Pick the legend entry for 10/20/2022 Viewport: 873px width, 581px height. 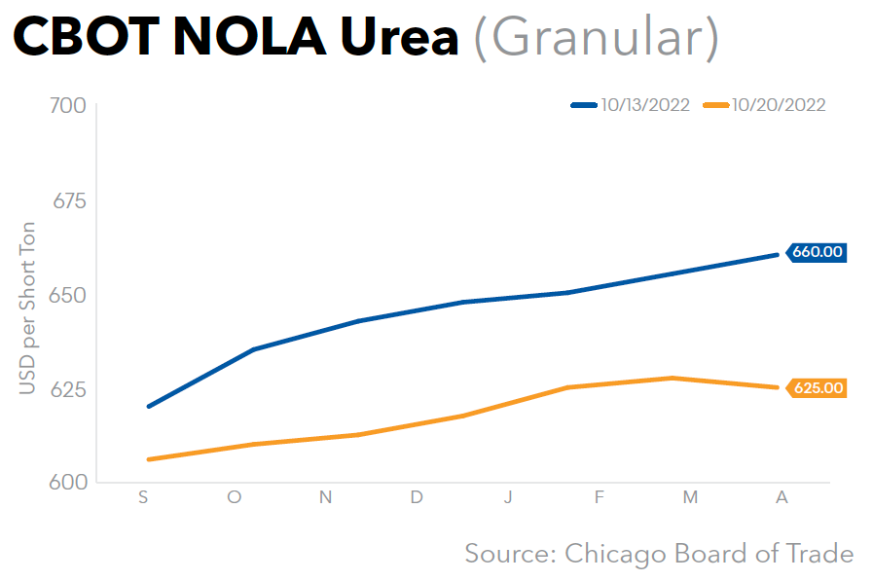(x=766, y=105)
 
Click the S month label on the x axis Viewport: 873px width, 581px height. (x=144, y=497)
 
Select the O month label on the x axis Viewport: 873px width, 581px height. (x=235, y=497)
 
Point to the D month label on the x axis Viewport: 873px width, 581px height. (x=417, y=497)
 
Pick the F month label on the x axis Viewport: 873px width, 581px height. (x=599, y=497)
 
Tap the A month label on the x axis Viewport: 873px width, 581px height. (x=781, y=497)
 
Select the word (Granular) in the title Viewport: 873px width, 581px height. (x=596, y=39)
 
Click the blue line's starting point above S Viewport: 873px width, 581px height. (x=148, y=406)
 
